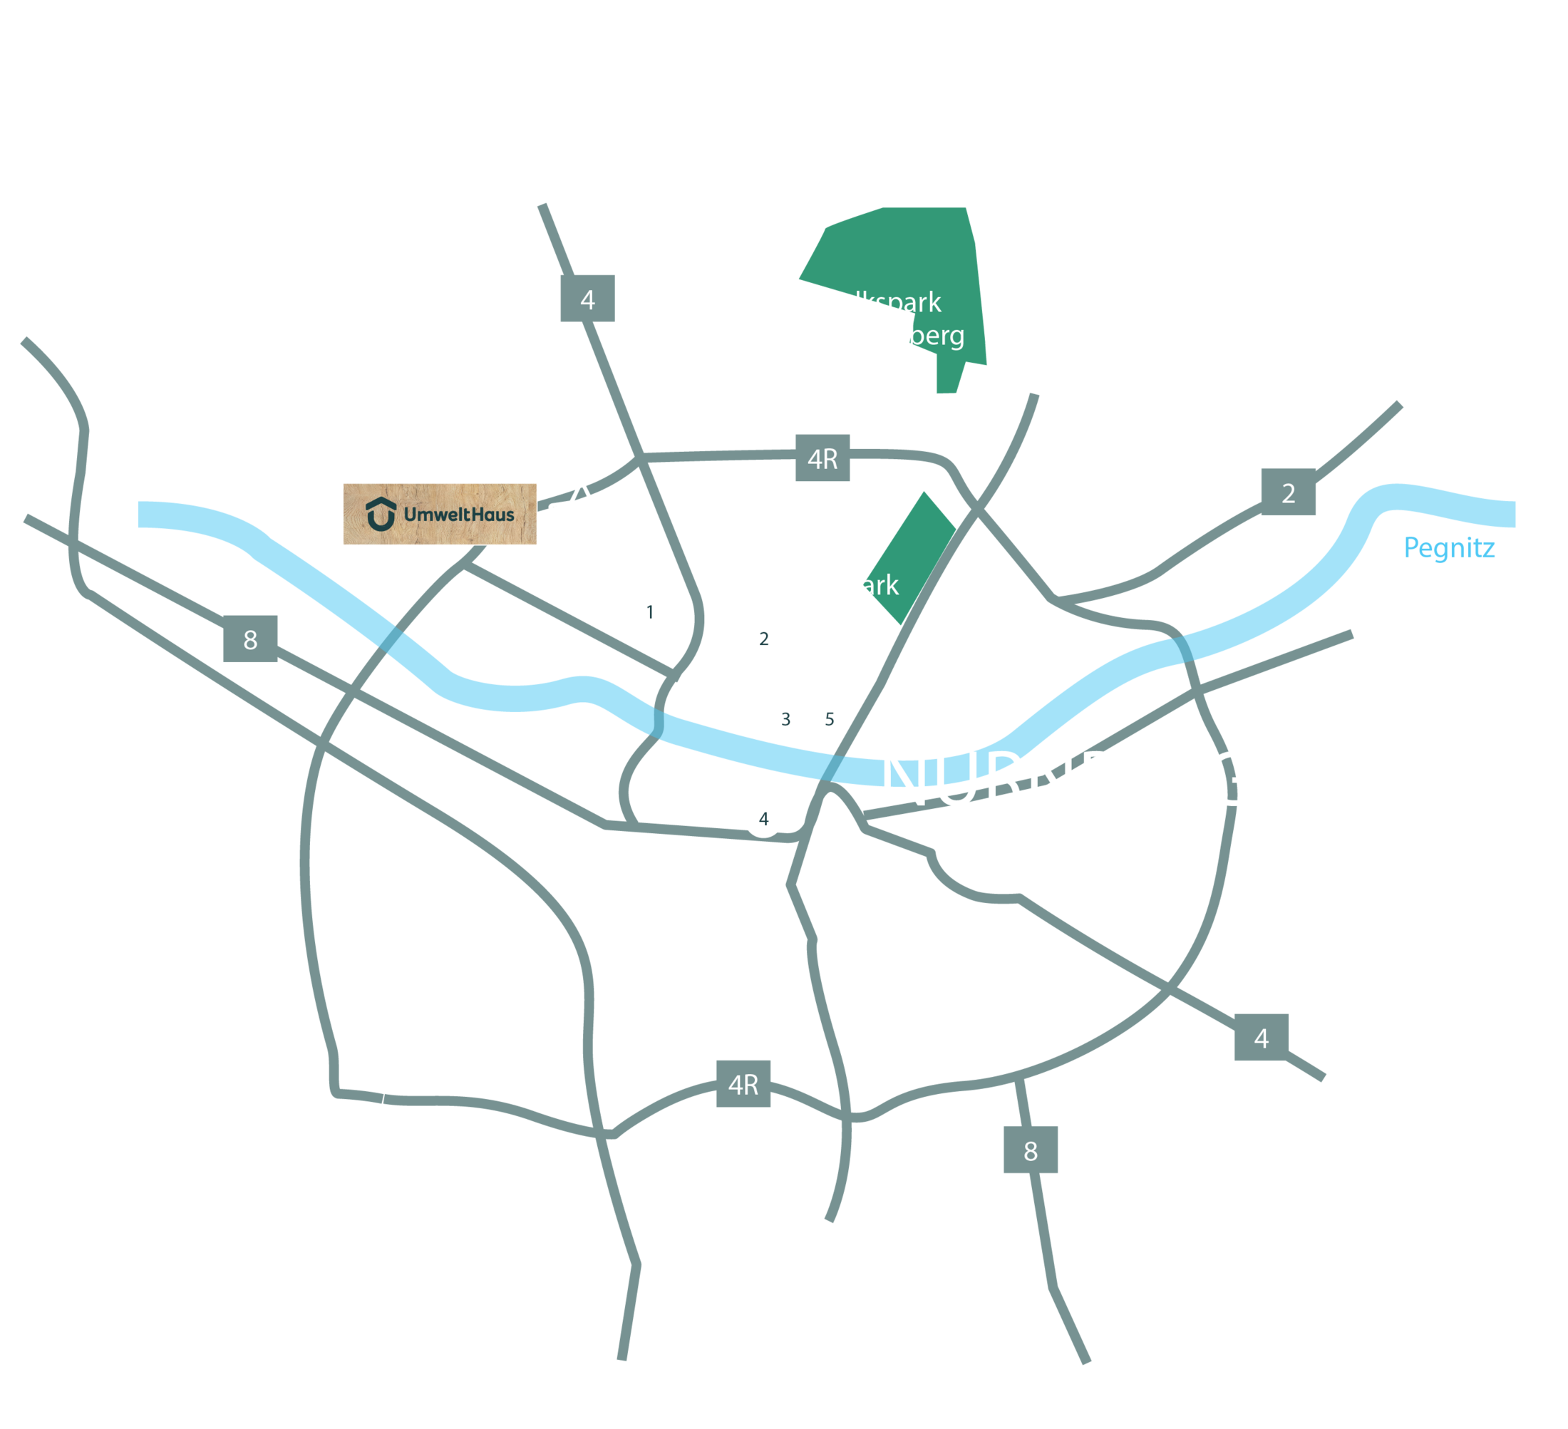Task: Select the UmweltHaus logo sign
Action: (x=440, y=514)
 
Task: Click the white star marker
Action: (x=581, y=516)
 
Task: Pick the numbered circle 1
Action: (x=649, y=612)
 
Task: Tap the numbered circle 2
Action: (x=763, y=639)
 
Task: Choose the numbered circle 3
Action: (x=785, y=719)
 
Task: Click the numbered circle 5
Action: (x=829, y=719)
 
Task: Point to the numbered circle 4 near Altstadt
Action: (x=763, y=818)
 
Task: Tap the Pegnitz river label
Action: (x=1449, y=547)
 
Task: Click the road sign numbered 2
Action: (x=1288, y=492)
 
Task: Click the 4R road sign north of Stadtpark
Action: (x=822, y=458)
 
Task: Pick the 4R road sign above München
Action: (x=743, y=1083)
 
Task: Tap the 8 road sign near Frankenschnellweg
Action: (x=249, y=639)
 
